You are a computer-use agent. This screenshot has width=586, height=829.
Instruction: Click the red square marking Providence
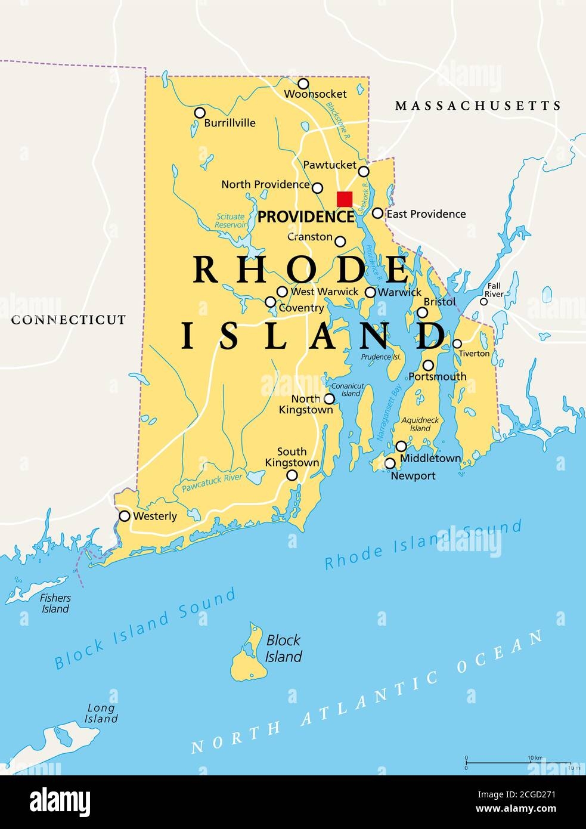tap(345, 199)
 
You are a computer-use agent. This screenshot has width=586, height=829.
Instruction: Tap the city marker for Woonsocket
tap(303, 83)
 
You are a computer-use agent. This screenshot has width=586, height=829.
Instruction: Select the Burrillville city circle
tap(200, 113)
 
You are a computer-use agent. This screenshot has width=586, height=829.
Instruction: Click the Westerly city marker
tap(125, 516)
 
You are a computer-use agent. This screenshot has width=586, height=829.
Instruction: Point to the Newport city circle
tap(374, 463)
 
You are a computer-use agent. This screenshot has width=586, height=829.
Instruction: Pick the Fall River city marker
tap(484, 301)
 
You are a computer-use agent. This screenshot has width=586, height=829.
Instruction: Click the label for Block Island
tap(284, 648)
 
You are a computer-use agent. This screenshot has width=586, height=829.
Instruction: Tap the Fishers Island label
tap(55, 603)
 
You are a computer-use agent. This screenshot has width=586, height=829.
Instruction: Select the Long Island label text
tap(102, 713)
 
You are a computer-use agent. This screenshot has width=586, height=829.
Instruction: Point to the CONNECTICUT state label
tap(69, 320)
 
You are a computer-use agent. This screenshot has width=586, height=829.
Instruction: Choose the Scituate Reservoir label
tap(231, 221)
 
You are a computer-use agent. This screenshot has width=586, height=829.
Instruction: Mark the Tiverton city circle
tap(457, 344)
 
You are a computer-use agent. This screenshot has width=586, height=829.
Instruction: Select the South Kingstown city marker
tap(292, 475)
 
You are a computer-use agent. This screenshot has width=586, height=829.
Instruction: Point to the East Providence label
tap(426, 214)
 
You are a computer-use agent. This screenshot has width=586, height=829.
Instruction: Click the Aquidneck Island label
tap(420, 424)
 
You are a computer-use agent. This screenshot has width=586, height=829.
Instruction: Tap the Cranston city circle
tap(340, 242)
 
